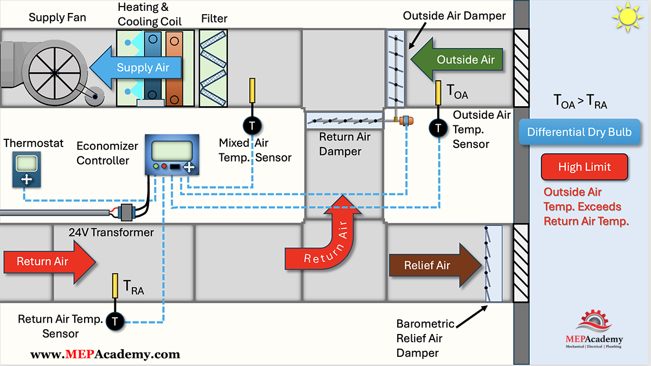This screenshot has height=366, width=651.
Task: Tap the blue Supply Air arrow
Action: pyautogui.click(x=136, y=67)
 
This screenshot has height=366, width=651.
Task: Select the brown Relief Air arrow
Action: pyautogui.click(x=435, y=265)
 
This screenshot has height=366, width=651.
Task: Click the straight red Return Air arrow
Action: pyautogui.click(x=50, y=261)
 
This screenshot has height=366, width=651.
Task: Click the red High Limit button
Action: pyautogui.click(x=584, y=167)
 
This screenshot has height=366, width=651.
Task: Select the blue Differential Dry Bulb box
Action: pyautogui.click(x=579, y=132)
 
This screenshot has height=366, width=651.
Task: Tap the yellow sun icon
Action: pyautogui.click(x=628, y=17)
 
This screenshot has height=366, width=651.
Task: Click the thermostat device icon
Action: pyautogui.click(x=27, y=169)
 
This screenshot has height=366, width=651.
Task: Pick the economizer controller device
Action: pyautogui.click(x=172, y=155)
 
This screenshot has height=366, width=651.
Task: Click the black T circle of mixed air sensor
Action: pyautogui.click(x=252, y=126)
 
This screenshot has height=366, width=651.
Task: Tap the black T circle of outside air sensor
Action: pyautogui.click(x=438, y=128)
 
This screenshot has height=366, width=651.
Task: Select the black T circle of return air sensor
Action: pyautogui.click(x=115, y=322)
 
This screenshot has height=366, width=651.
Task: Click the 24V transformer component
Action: pyautogui.click(x=126, y=213)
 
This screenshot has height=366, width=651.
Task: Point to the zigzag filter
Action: pyautogui.click(x=213, y=68)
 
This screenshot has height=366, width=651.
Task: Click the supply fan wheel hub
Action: pyautogui.click(x=55, y=73)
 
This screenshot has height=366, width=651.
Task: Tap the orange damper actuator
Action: pyautogui.click(x=406, y=120)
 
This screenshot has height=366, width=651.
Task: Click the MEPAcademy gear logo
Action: pyautogui.click(x=594, y=322)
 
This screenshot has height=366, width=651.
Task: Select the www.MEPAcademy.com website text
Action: pyautogui.click(x=105, y=355)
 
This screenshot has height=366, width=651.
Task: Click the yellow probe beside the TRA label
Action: pyautogui.click(x=115, y=286)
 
